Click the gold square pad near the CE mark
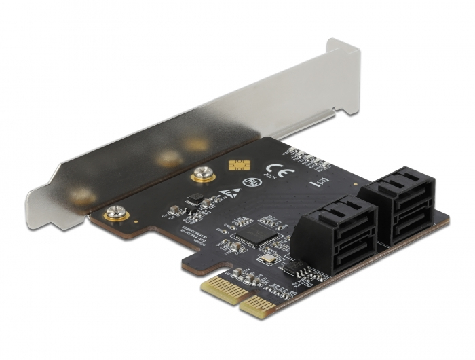pyautogui.click(x=237, y=166)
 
